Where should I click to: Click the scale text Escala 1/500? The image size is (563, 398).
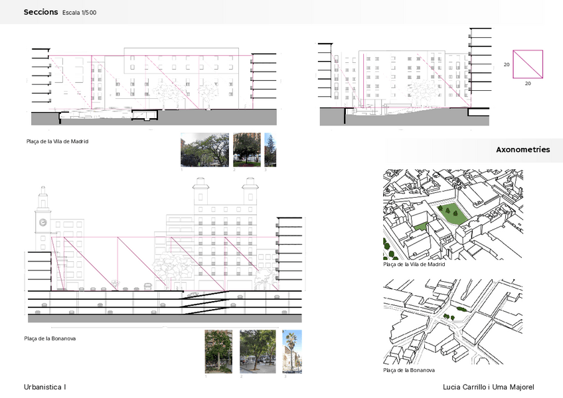click(x=79, y=13)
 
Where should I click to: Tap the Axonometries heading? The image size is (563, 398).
click(x=523, y=150)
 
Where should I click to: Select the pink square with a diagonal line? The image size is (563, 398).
click(x=528, y=64)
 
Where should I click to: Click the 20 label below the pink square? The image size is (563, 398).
click(x=528, y=84)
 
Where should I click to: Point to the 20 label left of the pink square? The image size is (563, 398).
click(x=507, y=65)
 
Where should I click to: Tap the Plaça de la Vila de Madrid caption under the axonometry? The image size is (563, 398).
click(x=414, y=264)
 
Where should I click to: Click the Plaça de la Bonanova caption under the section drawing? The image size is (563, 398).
click(x=50, y=338)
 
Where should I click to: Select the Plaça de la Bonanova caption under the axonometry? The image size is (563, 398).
click(x=409, y=370)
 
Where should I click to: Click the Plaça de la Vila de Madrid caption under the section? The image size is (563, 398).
click(x=56, y=141)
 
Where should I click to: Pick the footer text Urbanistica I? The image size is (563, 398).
click(x=45, y=387)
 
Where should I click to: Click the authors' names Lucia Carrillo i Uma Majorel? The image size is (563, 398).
click(x=488, y=387)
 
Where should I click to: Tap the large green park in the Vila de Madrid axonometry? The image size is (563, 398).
click(x=452, y=215)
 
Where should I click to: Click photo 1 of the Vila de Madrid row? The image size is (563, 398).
click(x=204, y=150)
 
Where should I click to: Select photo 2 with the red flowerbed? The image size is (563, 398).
click(x=246, y=150)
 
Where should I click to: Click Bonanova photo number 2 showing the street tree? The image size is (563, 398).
click(x=257, y=352)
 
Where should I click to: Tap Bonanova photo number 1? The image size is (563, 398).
click(x=218, y=352)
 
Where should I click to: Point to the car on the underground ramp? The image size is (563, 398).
click(x=193, y=294)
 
